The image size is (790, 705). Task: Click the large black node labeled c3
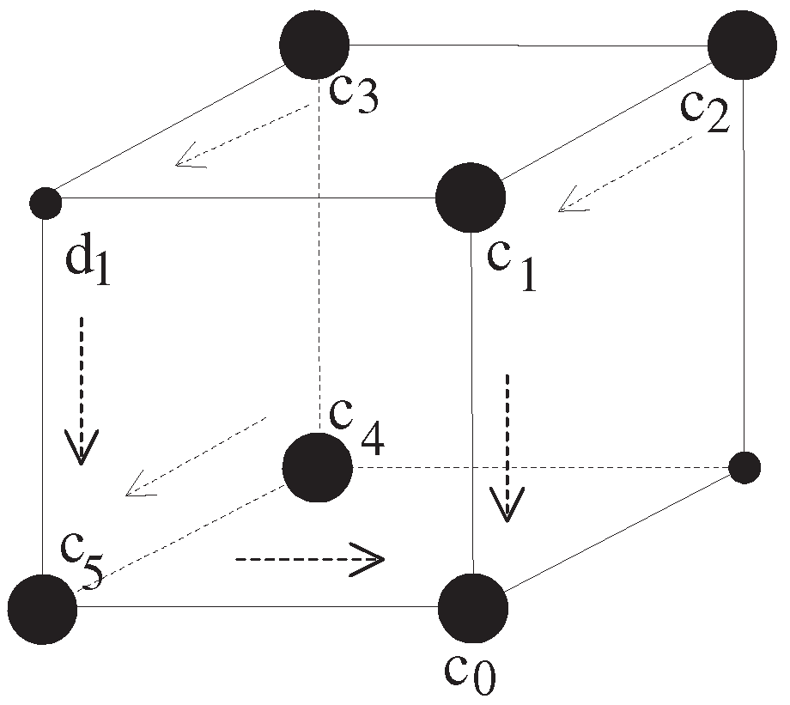click(x=314, y=45)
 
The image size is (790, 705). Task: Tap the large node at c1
click(x=471, y=198)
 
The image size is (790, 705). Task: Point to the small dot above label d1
click(x=45, y=204)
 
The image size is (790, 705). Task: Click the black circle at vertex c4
click(x=318, y=467)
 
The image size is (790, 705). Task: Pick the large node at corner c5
click(x=41, y=608)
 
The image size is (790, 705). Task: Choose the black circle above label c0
click(x=472, y=607)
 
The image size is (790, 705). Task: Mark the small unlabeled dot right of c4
click(x=744, y=467)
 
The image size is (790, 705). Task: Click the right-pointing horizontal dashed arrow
click(x=309, y=560)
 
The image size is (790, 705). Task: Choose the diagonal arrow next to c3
click(x=242, y=135)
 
